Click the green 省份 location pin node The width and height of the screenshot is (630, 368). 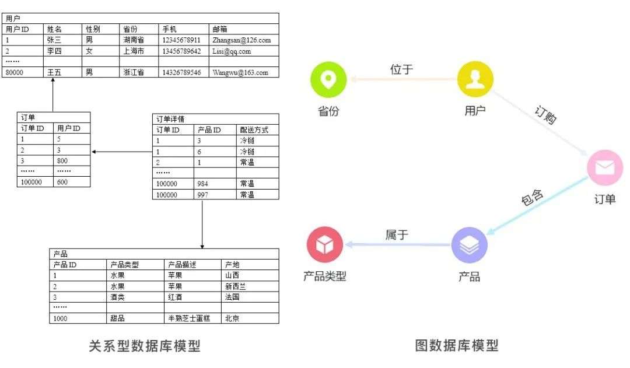[328, 80]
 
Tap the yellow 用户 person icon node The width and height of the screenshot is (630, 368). [475, 80]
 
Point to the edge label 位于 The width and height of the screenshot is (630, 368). [401, 69]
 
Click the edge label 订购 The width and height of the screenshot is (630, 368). [546, 115]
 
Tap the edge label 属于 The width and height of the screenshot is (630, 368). [397, 235]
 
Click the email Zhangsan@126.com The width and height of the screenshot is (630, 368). [242, 40]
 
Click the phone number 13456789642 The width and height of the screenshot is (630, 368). [181, 51]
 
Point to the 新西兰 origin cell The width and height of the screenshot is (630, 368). [236, 286]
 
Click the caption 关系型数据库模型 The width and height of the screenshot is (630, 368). [144, 346]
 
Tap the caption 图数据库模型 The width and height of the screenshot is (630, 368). [457, 346]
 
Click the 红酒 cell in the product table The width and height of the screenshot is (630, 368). [176, 297]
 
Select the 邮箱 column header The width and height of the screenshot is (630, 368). [220, 29]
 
